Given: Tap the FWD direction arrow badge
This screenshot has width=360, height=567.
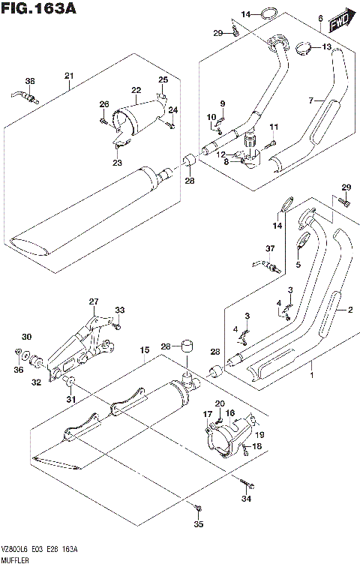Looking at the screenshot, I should tap(341, 17).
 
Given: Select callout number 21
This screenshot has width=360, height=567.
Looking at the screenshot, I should tap(69, 75).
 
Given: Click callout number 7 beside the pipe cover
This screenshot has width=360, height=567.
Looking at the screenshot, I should tap(320, 18).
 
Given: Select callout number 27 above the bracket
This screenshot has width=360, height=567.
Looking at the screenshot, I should tap(94, 302).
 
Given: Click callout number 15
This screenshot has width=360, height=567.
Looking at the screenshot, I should tap(144, 349).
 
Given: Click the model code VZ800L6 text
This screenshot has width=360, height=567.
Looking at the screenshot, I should tap(16, 550).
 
